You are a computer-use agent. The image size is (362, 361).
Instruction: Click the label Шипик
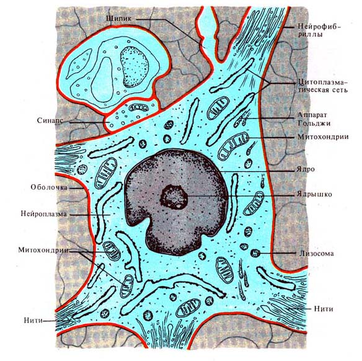[119, 19]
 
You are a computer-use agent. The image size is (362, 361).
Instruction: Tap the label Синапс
[50, 120]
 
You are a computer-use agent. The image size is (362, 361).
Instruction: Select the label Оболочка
[49, 187]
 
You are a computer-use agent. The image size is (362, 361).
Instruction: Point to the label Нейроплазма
[44, 213]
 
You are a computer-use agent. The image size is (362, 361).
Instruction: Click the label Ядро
[306, 169]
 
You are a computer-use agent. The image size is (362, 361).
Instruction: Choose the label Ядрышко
[314, 194]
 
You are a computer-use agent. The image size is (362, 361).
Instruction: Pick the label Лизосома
[317, 254]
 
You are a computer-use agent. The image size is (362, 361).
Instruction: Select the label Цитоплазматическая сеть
[322, 86]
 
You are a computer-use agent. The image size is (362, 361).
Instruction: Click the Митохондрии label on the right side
[323, 136]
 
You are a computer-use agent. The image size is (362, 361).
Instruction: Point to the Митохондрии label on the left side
[43, 250]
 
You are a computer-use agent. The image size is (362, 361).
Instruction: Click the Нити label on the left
[33, 320]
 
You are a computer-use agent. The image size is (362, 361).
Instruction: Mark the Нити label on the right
[324, 309]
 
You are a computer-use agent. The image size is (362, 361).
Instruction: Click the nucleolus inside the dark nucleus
[174, 197]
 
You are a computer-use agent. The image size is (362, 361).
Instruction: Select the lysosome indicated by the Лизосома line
[255, 253]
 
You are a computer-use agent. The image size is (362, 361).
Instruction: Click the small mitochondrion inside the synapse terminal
[138, 107]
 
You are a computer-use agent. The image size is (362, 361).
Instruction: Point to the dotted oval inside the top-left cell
[134, 67]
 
